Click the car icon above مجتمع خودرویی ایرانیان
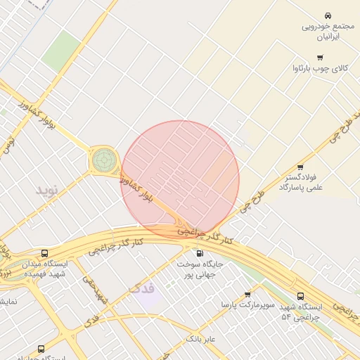(x=328, y=15)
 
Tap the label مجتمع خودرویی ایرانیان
(x=327, y=32)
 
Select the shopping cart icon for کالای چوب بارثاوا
(x=321, y=57)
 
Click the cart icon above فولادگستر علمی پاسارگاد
(x=300, y=167)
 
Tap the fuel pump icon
(x=200, y=253)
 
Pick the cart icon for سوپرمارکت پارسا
(x=247, y=295)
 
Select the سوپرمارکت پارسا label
(x=246, y=306)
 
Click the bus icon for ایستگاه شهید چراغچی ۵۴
(x=301, y=296)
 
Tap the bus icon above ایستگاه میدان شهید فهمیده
(x=45, y=253)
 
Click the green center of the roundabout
(x=103, y=160)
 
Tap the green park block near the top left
(x=61, y=51)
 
